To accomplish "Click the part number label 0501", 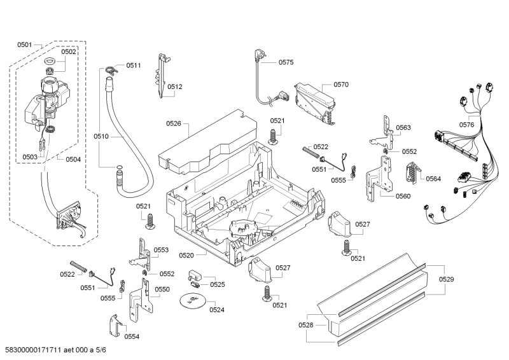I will [x=24, y=45].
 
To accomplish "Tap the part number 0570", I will [x=341, y=84].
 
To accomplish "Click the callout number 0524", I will [x=217, y=310].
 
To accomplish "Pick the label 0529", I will [x=447, y=280].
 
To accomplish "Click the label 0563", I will [x=403, y=128].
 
